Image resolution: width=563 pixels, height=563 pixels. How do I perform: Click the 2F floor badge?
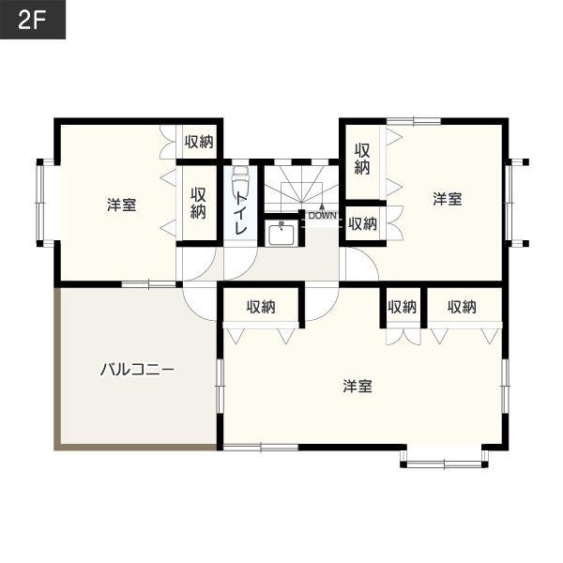point(33,20)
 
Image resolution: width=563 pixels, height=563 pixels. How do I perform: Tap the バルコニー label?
point(137,370)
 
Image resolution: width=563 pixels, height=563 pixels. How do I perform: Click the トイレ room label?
point(240,213)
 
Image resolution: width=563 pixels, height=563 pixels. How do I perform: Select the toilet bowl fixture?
point(240,180)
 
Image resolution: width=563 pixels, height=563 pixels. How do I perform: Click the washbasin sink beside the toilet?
point(281,234)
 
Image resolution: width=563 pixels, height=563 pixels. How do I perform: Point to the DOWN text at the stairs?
point(323,216)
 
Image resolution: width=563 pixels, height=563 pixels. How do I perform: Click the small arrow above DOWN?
point(322,207)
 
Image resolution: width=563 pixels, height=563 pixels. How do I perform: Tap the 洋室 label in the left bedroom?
point(122,205)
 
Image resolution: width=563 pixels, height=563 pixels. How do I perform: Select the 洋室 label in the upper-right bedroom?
point(447,199)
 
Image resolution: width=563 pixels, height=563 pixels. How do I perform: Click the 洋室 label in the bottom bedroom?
point(358,387)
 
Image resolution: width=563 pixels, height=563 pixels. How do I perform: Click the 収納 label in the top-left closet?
point(199,143)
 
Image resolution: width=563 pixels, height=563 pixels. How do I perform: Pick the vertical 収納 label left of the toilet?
point(198,203)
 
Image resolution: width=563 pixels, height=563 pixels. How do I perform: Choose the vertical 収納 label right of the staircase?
point(362,159)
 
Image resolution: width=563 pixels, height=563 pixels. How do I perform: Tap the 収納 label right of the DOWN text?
point(362,223)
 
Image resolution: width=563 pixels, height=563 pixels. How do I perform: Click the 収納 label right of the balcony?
point(261,307)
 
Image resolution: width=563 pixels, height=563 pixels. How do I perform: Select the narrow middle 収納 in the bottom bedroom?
point(403,307)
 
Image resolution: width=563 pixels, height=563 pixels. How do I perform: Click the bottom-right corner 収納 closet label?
point(462,307)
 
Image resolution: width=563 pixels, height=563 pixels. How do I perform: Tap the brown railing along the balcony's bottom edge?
point(136,447)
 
